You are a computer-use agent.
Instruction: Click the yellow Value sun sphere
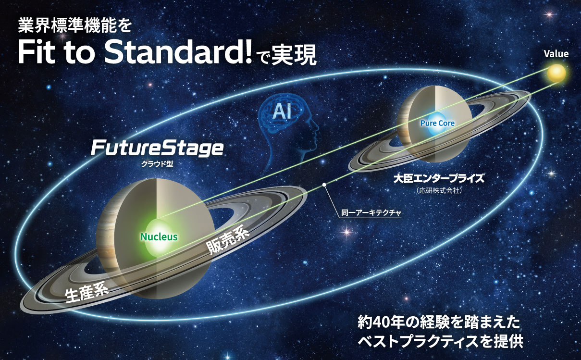coord(556,74)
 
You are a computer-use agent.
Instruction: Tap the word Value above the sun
coord(556,54)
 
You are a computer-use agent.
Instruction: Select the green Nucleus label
coord(159,236)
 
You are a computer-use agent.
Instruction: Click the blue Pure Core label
coord(437,123)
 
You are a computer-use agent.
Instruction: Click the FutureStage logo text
coord(157,148)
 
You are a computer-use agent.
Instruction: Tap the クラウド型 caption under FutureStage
coord(158,163)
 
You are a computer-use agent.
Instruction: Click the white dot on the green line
coord(324,184)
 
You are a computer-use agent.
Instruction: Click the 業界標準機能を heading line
coord(74,25)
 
